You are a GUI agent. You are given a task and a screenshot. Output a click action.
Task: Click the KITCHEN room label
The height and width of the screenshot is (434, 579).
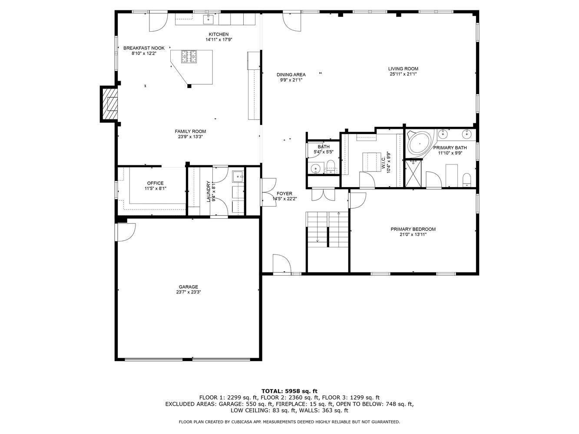coord(218,34)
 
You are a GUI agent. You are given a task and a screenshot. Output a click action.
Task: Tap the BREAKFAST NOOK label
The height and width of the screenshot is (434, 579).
coord(144,48)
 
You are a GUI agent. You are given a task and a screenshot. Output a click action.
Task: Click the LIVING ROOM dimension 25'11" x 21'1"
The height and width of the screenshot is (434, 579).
coord(403,74)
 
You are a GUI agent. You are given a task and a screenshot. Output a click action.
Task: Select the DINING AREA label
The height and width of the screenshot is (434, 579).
coord(291,75)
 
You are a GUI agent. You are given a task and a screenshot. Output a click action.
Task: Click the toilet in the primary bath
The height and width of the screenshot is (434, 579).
coord(467,179)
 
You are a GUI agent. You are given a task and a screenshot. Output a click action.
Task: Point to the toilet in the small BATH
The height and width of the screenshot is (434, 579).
coord(331,167)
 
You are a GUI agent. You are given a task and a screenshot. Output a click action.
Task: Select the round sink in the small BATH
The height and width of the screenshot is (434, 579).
coord(315,168)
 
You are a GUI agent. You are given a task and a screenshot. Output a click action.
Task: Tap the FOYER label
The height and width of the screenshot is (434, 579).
coord(284,194)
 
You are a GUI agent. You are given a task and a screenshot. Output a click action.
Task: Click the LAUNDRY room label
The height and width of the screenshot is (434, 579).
coord(208,191)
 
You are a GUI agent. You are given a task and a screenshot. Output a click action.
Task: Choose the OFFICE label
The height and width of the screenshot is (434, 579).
coord(155,183)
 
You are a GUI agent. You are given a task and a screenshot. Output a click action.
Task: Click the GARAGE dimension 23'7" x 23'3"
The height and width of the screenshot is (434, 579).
coord(188,292)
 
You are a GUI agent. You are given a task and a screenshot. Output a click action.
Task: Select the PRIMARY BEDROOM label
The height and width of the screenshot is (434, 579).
coord(413,229)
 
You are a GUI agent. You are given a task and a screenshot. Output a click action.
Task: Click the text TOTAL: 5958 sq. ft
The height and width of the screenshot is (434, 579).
coord(289,391)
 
